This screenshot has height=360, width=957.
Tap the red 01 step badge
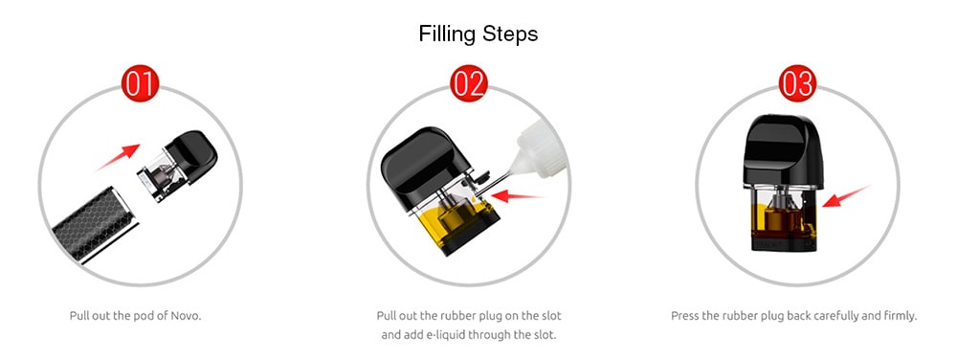point(141,83)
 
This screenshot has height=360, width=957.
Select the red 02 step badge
point(469,83)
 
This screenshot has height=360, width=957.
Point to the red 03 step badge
point(797,83)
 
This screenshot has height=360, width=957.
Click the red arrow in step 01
point(118,157)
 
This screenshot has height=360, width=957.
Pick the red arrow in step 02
point(517,195)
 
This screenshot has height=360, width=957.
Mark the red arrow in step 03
point(845,196)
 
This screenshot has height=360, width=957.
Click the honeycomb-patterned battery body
point(96,224)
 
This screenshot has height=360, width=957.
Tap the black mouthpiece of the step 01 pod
point(191,157)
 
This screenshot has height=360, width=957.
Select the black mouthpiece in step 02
point(426,168)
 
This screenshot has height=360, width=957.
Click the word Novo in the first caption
point(186,316)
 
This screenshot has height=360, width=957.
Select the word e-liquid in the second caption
point(440,335)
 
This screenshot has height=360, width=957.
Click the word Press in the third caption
point(685,316)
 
